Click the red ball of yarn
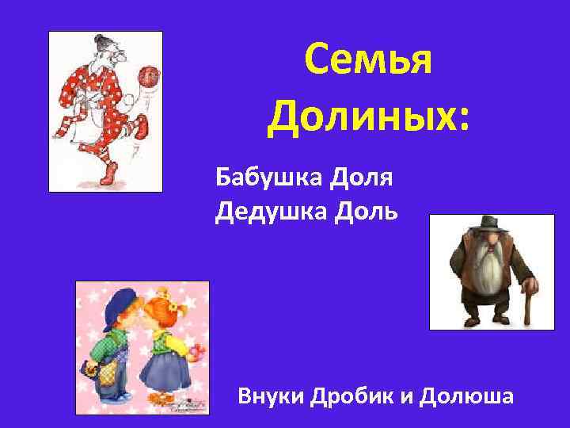(x=148, y=76)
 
